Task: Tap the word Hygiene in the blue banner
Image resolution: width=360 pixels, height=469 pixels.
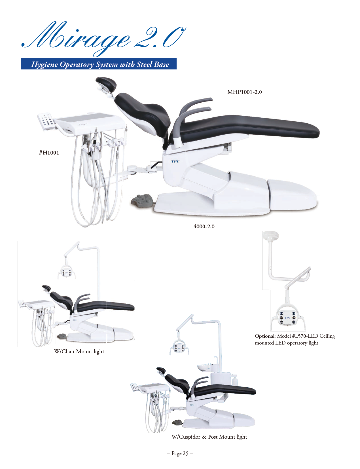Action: point(45,64)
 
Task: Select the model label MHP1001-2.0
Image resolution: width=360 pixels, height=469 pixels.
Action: point(244,92)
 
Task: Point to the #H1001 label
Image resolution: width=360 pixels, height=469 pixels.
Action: point(49,153)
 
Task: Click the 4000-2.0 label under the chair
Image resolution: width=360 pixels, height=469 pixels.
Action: point(204,226)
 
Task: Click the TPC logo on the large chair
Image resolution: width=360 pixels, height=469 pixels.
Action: point(175,161)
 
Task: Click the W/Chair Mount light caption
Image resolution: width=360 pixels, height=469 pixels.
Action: point(79,351)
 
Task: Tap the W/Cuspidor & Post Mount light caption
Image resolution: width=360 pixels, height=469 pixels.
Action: point(209,437)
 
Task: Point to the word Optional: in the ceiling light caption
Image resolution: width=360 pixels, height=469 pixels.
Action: point(265,336)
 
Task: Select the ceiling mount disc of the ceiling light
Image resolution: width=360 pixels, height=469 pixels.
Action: point(270,235)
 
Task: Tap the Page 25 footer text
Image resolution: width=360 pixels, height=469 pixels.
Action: point(180,453)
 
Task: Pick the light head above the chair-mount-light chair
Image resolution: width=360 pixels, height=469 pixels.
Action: point(66,273)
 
